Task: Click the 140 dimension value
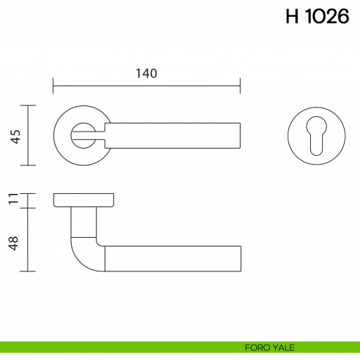[x=146, y=73]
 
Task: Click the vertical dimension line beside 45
[x=28, y=135]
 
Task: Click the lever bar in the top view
[x=176, y=135]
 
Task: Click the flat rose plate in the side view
[x=83, y=200]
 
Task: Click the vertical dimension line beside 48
[x=28, y=240]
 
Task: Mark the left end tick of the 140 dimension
[x=53, y=85]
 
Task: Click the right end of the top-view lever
[x=238, y=135]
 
